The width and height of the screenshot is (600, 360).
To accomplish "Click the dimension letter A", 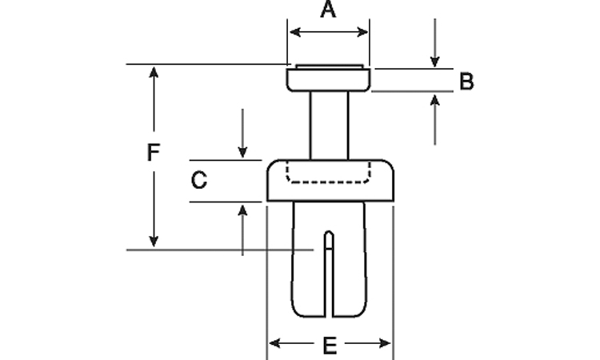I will [x=328, y=10].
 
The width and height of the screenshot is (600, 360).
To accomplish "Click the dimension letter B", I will [x=467, y=81].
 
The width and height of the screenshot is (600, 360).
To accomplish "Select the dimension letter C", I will [x=199, y=181].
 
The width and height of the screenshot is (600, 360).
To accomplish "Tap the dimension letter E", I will [x=329, y=346].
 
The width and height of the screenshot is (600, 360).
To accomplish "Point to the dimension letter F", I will [x=154, y=153].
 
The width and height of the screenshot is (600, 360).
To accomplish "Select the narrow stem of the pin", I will [x=329, y=124].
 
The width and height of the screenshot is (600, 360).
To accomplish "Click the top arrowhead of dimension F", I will [x=154, y=72].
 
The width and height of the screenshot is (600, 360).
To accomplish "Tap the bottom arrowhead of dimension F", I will [x=154, y=242].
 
